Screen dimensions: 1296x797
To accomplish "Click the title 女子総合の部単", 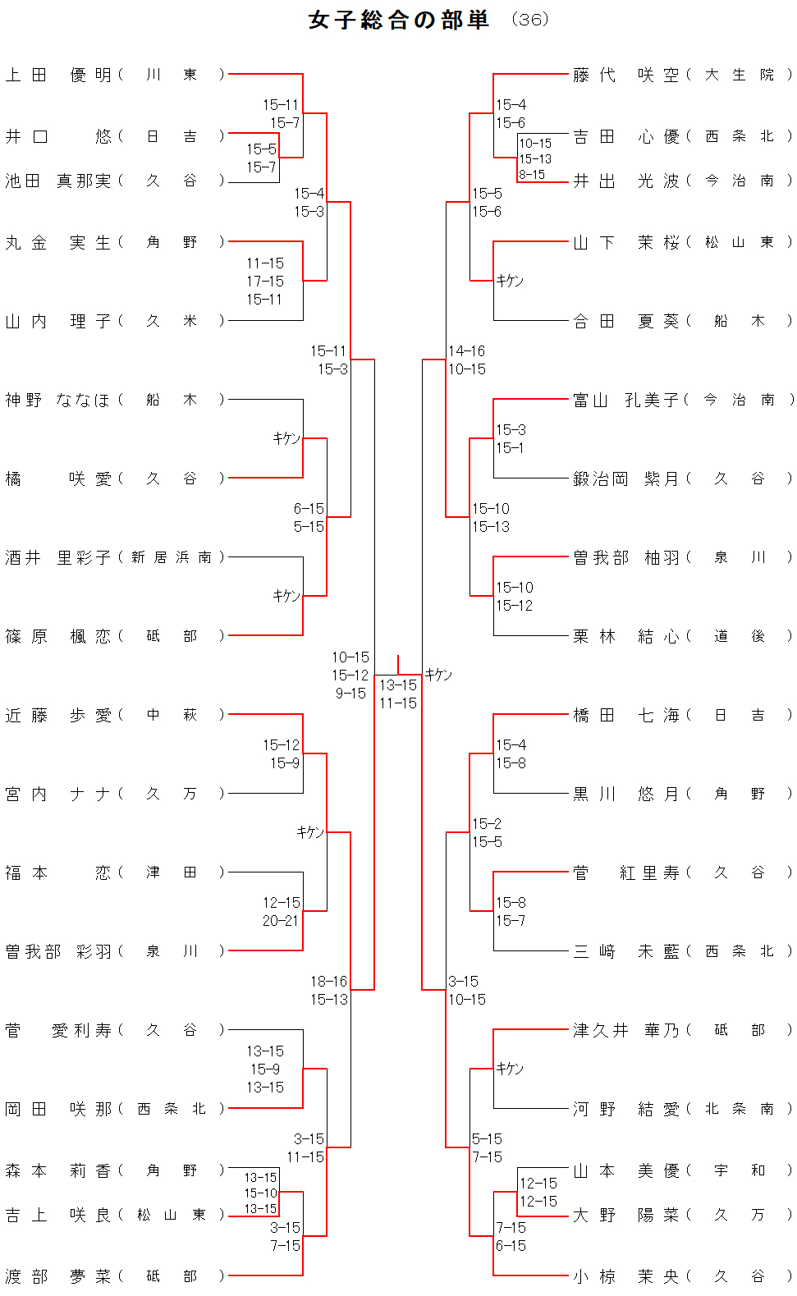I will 399,20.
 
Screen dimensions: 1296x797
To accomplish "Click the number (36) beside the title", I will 529,20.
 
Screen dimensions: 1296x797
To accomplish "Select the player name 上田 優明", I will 58,75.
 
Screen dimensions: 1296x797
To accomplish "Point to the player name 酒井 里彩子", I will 58,557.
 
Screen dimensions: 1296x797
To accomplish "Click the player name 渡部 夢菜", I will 58,1276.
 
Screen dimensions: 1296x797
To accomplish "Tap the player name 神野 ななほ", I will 58,400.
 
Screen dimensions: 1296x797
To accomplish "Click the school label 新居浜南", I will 171,557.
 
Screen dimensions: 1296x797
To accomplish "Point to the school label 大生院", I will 739,75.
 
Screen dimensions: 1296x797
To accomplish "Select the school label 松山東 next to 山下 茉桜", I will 739,242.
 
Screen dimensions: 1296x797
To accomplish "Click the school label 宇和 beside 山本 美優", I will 739,1170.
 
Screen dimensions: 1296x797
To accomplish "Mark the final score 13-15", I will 398,685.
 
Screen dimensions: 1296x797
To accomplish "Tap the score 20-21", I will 281,921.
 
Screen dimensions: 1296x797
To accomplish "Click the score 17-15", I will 265,282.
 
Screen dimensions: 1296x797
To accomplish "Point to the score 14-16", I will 466,351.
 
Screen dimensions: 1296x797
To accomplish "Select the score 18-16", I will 328,982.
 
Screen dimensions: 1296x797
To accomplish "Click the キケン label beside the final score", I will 439,675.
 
